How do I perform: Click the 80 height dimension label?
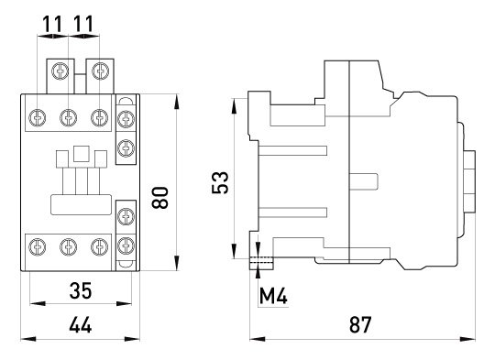[x=159, y=198]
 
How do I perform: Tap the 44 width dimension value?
[x=81, y=325]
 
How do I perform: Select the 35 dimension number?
[x=81, y=290]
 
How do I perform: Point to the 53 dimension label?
[x=220, y=182]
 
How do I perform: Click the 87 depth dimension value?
[x=360, y=324]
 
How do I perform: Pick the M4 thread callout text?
[x=273, y=296]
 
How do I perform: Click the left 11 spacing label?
[x=52, y=24]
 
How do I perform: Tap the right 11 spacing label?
[x=83, y=24]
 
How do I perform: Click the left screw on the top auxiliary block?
[x=60, y=71]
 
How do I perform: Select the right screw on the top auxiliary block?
[x=101, y=71]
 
